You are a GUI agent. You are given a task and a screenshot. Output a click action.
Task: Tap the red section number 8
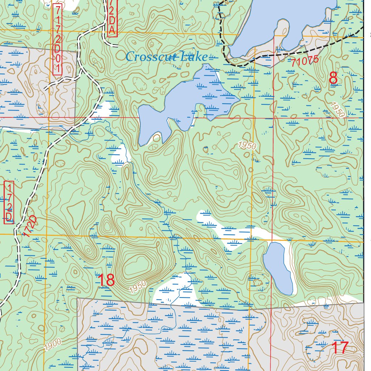click(x=333, y=79)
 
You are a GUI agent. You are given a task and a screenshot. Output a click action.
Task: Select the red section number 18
click(x=106, y=280)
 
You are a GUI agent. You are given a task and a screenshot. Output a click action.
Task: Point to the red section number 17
click(x=340, y=348)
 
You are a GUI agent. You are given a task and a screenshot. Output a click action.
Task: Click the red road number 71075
click(x=304, y=61)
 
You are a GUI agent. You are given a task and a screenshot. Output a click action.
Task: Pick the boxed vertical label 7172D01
click(x=57, y=39)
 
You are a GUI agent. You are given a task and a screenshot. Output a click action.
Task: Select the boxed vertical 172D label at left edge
click(x=9, y=202)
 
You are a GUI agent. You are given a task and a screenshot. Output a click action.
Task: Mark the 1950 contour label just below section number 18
click(x=138, y=287)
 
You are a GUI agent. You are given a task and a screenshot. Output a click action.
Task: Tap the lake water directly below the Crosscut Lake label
click(x=188, y=98)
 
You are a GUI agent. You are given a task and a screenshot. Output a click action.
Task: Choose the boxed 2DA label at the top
click(x=112, y=18)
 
